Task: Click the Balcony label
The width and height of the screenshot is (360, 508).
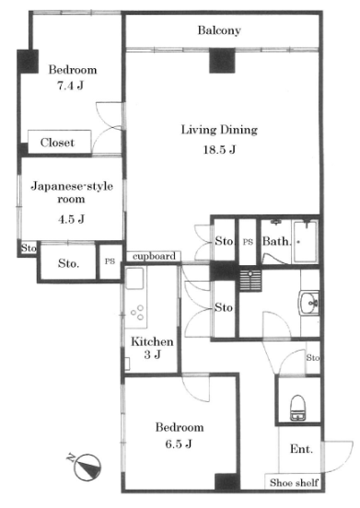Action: pyautogui.click(x=219, y=30)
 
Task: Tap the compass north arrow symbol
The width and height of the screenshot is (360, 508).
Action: pyautogui.click(x=86, y=467)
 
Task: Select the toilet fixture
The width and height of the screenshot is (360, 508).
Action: pyautogui.click(x=296, y=408)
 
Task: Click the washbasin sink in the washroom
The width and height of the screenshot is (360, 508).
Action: pyautogui.click(x=308, y=303)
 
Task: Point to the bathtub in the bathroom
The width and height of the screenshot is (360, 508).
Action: pyautogui.click(x=305, y=241)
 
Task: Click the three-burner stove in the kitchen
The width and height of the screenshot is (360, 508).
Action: pyautogui.click(x=136, y=312)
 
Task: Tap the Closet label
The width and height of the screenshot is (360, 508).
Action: pyautogui.click(x=57, y=143)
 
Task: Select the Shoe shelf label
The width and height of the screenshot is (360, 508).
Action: pyautogui.click(x=294, y=482)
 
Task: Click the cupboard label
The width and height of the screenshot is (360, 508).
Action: pyautogui.click(x=155, y=256)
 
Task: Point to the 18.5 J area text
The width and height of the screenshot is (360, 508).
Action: pyautogui.click(x=219, y=149)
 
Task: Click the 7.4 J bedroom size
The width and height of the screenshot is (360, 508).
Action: pyautogui.click(x=70, y=86)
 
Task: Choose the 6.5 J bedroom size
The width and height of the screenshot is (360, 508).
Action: pyautogui.click(x=179, y=444)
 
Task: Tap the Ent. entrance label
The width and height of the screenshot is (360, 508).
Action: pyautogui.click(x=301, y=449)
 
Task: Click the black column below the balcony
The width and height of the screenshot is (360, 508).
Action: pyautogui.click(x=222, y=60)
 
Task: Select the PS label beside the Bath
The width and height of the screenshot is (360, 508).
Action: pyautogui.click(x=248, y=242)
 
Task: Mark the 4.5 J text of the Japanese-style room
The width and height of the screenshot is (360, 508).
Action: pyautogui.click(x=71, y=219)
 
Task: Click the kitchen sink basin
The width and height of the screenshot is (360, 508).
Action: pyautogui.click(x=134, y=278)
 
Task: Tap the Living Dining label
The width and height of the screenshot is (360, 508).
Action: pyautogui.click(x=219, y=130)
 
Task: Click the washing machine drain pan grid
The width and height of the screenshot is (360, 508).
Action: pyautogui.click(x=250, y=281)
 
